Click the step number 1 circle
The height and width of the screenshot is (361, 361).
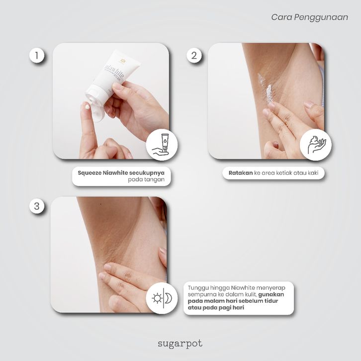[x=37, y=56]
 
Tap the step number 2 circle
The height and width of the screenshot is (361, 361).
[x=194, y=56]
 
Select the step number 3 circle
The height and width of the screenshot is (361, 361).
[x=37, y=206]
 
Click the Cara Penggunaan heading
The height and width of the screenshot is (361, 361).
[x=309, y=17]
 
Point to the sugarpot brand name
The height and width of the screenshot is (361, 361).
[x=180, y=344]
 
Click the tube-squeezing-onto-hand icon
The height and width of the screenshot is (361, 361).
[x=162, y=145]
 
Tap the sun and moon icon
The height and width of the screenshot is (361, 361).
[x=162, y=298]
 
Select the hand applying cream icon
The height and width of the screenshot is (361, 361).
[x=316, y=145]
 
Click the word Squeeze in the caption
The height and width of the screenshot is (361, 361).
[x=90, y=173]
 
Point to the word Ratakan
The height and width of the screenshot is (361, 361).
[x=241, y=173]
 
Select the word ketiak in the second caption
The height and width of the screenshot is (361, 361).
[x=286, y=173]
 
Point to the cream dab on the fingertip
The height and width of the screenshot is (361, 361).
[x=88, y=106]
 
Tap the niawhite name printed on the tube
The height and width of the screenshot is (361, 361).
[x=114, y=72]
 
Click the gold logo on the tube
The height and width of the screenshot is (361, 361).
[x=122, y=61]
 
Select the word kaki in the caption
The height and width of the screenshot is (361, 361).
[x=313, y=173]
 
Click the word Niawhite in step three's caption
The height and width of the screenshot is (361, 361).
[x=243, y=288]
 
